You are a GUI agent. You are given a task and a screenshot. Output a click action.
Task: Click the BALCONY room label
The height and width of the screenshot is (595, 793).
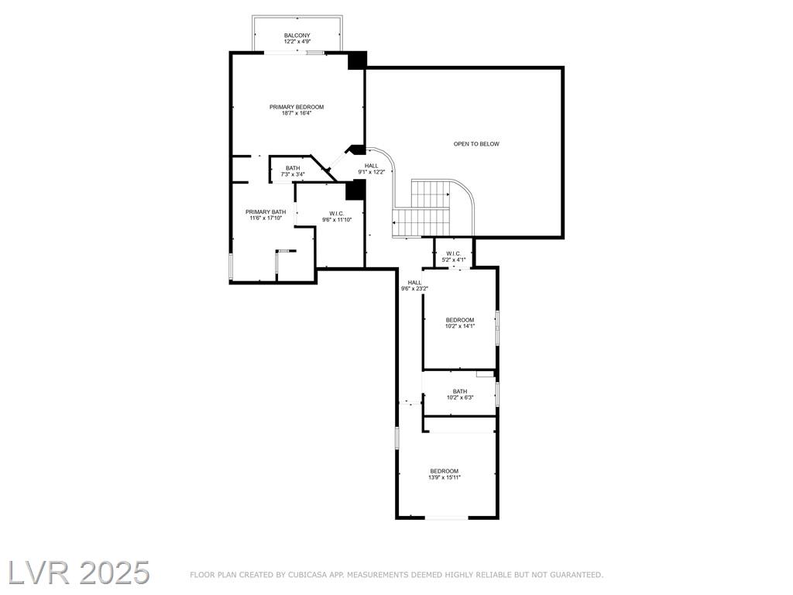pyautogui.click(x=297, y=36)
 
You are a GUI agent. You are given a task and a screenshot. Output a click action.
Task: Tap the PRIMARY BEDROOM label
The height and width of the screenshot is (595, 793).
pyautogui.click(x=297, y=107)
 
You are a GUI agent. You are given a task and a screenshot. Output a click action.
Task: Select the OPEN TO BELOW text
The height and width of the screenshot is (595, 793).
pyautogui.click(x=476, y=144)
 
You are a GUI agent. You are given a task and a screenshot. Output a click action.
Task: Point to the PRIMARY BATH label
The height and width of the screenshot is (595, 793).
pyautogui.click(x=266, y=212)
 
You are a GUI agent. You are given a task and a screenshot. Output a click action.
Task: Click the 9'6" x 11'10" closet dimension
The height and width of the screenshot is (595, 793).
pyautogui.click(x=337, y=219)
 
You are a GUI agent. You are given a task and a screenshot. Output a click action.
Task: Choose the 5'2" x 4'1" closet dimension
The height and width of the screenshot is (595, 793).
pyautogui.click(x=453, y=260)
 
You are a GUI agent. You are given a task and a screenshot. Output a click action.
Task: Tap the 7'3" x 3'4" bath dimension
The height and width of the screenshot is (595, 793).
pyautogui.click(x=293, y=174)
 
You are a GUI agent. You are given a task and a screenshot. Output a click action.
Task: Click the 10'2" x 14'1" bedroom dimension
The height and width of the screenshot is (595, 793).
pyautogui.click(x=460, y=326)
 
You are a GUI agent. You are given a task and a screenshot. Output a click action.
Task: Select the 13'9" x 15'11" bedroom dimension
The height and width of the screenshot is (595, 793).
pyautogui.click(x=445, y=477)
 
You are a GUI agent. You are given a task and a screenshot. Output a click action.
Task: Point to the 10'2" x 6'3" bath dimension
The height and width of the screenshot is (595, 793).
pyautogui.click(x=460, y=397)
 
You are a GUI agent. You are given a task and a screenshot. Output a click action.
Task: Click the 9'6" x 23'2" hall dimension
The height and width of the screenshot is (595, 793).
pyautogui.click(x=415, y=289)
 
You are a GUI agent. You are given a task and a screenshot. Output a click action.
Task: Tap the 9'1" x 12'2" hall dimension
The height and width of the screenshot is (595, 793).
pyautogui.click(x=372, y=172)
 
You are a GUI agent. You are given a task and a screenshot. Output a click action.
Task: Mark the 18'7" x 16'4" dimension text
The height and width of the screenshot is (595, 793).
pyautogui.click(x=297, y=113)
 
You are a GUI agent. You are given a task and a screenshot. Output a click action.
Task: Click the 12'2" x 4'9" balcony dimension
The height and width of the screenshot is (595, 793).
pyautogui.click(x=297, y=42)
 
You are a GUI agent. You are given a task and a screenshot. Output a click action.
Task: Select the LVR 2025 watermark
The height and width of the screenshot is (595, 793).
pyautogui.click(x=78, y=573)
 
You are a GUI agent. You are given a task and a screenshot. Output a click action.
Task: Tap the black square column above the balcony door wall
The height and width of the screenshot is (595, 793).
pyautogui.click(x=357, y=60)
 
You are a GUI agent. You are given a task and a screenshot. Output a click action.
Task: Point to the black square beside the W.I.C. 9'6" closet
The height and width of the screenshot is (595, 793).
pyautogui.click(x=355, y=190)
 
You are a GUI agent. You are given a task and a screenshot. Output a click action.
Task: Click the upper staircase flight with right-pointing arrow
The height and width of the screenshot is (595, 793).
pyautogui.click(x=431, y=194)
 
